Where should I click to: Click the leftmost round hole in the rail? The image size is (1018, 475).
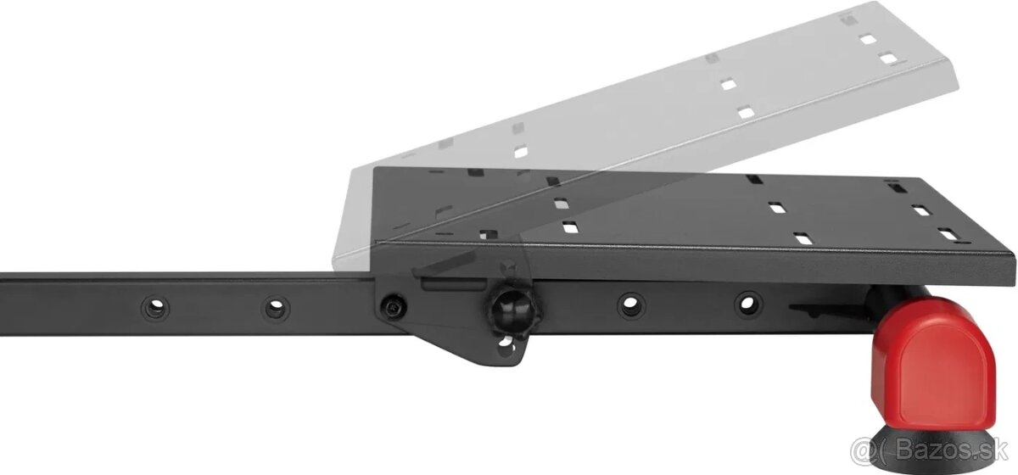click(155, 308)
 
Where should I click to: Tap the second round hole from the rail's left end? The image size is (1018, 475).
click(276, 308)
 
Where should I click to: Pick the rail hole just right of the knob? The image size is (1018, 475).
click(631, 304)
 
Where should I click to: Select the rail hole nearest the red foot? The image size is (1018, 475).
click(747, 303)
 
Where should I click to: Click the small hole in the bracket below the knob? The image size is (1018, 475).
click(506, 347)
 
